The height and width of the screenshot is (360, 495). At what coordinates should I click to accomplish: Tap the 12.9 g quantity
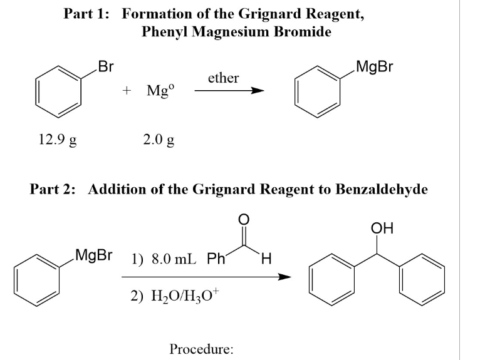pyautogui.click(x=57, y=139)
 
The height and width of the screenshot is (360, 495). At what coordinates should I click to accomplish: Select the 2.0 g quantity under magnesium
pyautogui.click(x=158, y=139)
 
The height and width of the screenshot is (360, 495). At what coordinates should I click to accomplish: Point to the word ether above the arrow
pyautogui.click(x=223, y=78)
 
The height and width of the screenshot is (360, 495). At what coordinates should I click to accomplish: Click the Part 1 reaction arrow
pyautogui.click(x=229, y=91)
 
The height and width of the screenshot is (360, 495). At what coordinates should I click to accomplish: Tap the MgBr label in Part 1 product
pyautogui.click(x=373, y=66)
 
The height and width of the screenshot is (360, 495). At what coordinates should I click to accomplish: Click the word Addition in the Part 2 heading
pyautogui.click(x=117, y=189)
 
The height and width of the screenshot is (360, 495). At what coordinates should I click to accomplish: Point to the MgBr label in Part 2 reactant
pyautogui.click(x=93, y=255)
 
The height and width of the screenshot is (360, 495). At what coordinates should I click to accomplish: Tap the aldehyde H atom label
pyautogui.click(x=266, y=257)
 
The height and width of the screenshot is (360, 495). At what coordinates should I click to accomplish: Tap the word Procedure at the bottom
pyautogui.click(x=201, y=349)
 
